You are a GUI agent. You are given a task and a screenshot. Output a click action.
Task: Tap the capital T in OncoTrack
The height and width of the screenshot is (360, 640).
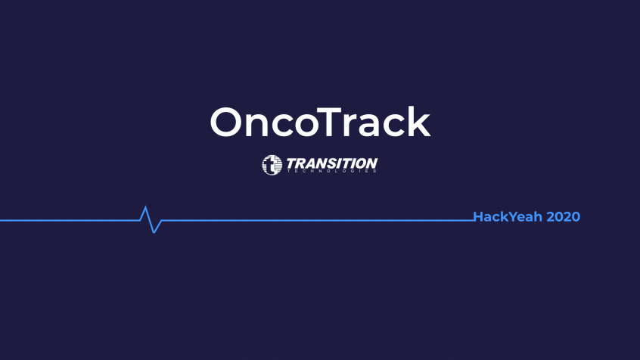coord(328,122)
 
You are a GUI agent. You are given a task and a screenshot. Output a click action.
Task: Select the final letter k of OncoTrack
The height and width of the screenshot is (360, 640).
coord(419,121)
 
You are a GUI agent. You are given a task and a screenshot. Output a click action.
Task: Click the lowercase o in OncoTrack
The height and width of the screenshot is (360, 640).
coord(303,126)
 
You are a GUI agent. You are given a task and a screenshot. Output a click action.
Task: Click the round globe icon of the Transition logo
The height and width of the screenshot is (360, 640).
coord(272,165)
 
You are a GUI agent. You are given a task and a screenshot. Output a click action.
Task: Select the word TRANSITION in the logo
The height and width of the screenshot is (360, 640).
coord(332,163)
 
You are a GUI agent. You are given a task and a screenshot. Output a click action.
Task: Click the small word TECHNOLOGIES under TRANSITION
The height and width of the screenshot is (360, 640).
coord(332,171)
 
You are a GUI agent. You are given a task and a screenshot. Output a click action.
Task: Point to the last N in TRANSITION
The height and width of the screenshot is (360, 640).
coord(371,163)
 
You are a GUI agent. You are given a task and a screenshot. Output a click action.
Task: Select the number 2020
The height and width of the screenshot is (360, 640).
coord(564,217)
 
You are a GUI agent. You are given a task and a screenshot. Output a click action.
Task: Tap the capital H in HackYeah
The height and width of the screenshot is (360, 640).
coord(478,217)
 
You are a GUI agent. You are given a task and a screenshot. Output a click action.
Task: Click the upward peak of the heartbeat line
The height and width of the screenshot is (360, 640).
coord(145,207)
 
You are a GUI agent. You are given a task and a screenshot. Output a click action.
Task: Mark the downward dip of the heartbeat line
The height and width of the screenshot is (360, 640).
coord(154,233)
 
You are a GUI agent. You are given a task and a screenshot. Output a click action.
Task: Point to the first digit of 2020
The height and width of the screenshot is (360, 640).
coord(551,217)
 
